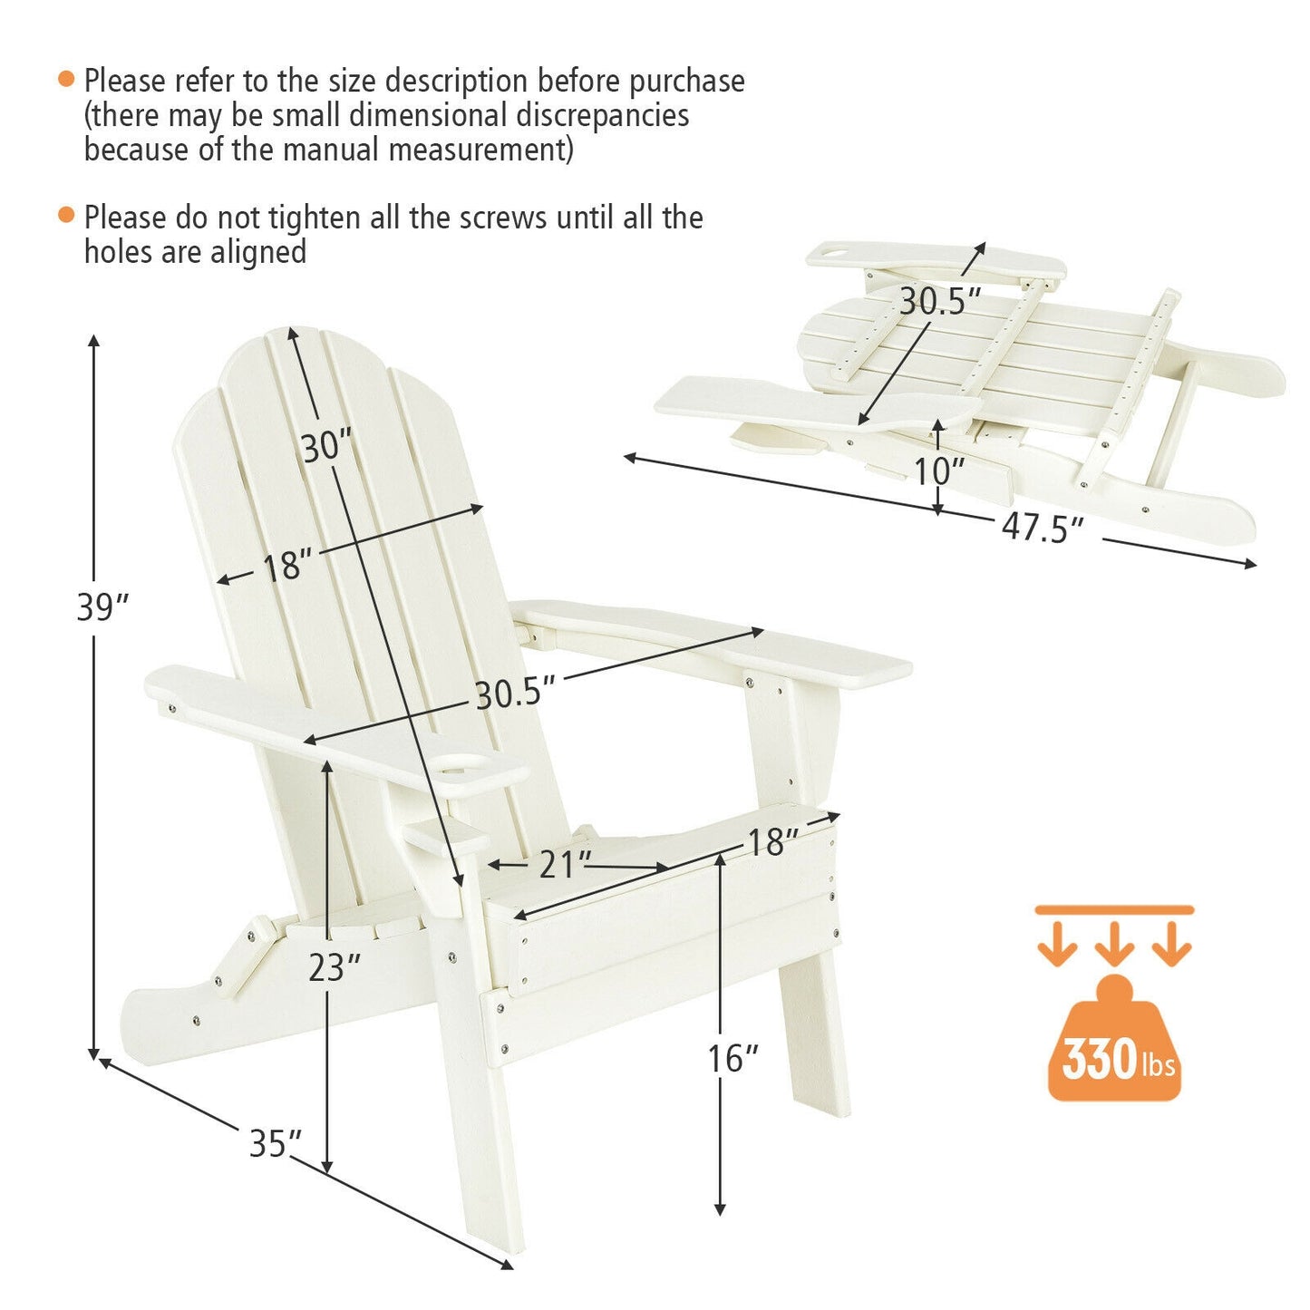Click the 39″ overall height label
[x=102, y=607]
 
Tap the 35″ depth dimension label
[x=275, y=1143]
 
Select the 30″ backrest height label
[x=325, y=446]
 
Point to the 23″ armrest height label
[x=334, y=967]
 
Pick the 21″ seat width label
[x=565, y=864]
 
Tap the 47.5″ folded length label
[x=1043, y=528]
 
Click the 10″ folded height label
[x=938, y=471]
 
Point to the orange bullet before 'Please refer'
[x=65, y=79]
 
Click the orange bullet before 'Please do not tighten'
[x=65, y=216]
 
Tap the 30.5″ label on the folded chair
[x=940, y=301]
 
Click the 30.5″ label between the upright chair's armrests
[x=515, y=694]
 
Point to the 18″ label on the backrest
[x=287, y=567]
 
